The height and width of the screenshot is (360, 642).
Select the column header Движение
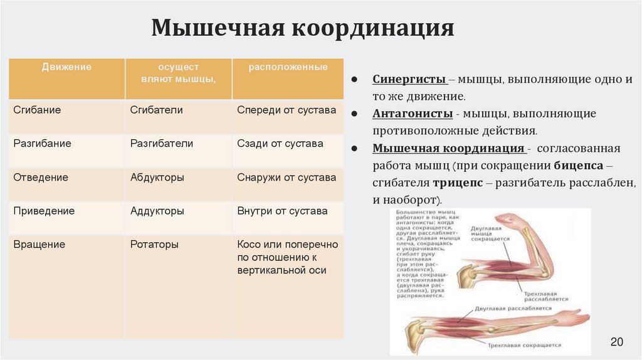coord(66,67)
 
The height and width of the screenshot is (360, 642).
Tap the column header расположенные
coord(288,67)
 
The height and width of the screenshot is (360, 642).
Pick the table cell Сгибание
coord(37,110)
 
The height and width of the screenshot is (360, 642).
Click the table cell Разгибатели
coord(161,144)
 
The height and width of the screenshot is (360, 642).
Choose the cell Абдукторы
coord(157,177)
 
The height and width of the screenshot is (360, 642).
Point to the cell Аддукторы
coord(157,211)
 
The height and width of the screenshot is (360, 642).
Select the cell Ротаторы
coord(154,245)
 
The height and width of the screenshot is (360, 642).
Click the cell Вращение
coord(39,245)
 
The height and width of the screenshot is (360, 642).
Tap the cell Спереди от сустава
coord(287,110)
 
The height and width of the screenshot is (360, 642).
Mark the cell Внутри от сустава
coord(282,211)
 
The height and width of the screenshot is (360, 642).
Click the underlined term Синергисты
coord(409,80)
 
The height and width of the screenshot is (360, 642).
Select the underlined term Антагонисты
coord(413,114)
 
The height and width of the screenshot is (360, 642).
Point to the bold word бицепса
coord(579,166)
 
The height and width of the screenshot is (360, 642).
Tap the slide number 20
coord(616,342)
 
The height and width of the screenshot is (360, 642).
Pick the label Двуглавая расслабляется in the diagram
coord(513,309)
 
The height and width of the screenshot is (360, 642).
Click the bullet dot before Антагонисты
coord(354,115)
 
